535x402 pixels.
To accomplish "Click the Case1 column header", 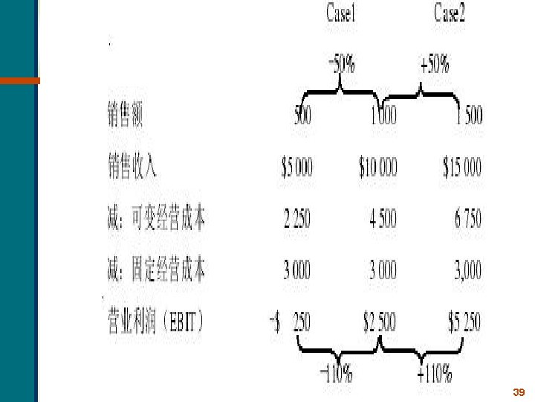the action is tap(342, 14).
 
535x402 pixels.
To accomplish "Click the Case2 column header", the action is tap(450, 14).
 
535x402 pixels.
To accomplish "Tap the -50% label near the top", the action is tap(342, 65).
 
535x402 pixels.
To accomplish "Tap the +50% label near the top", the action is tap(435, 65).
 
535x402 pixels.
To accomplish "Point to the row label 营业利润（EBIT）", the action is tap(156, 322).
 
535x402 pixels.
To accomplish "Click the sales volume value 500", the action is tap(302, 116).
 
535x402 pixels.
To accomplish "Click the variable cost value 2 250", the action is tap(297, 220).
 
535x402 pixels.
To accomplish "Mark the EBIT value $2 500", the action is tap(379, 322).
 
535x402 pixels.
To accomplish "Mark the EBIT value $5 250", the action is tap(464, 322).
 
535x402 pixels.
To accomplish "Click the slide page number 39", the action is tap(519, 392).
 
